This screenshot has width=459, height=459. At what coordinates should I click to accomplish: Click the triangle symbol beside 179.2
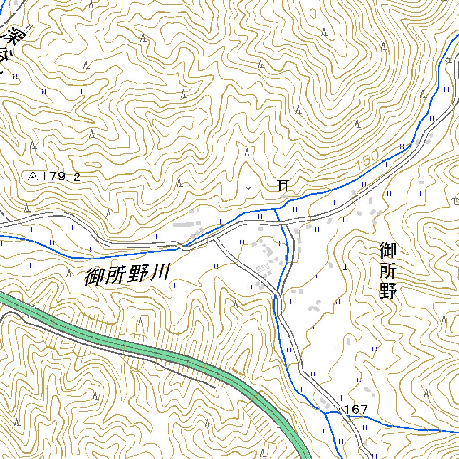[x=32, y=177]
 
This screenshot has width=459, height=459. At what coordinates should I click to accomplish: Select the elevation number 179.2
[x=61, y=177]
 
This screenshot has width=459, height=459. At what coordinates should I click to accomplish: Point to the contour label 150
[x=368, y=160]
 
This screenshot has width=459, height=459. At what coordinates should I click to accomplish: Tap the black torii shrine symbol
[x=282, y=184]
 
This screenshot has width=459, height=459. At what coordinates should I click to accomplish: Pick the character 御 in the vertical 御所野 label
[x=388, y=250]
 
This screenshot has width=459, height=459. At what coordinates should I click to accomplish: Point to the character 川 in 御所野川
[x=161, y=273]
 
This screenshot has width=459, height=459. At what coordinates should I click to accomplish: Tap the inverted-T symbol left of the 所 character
[x=345, y=268]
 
